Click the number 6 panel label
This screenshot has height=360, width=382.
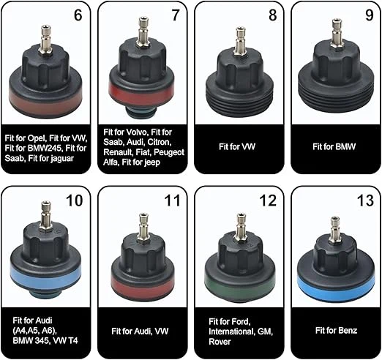pos(78,15)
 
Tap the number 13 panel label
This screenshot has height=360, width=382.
pos(365,200)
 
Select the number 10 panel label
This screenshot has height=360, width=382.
pos(75,200)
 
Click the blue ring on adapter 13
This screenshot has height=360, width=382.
pos(336,286)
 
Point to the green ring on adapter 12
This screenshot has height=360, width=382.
pos(240,285)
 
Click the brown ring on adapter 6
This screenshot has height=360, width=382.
pos(45,100)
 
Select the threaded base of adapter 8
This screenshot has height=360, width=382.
pos(240,100)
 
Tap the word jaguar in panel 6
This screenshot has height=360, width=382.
pos(62,159)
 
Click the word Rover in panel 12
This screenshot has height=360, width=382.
pos(220,342)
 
